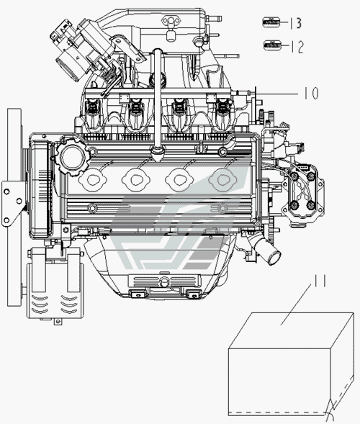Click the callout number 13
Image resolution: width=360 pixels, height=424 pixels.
(x=296, y=23)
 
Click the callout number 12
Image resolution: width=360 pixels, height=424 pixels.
(x=297, y=47)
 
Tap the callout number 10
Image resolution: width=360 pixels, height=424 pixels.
(x=312, y=94)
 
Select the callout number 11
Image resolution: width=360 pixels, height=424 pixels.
(x=320, y=281)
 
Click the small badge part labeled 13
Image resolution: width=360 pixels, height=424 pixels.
(x=271, y=22)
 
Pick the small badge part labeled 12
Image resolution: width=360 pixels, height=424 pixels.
(x=272, y=45)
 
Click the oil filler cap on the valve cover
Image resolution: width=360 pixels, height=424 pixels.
(x=71, y=157)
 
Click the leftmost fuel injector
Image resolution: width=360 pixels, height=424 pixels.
(x=92, y=112)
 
